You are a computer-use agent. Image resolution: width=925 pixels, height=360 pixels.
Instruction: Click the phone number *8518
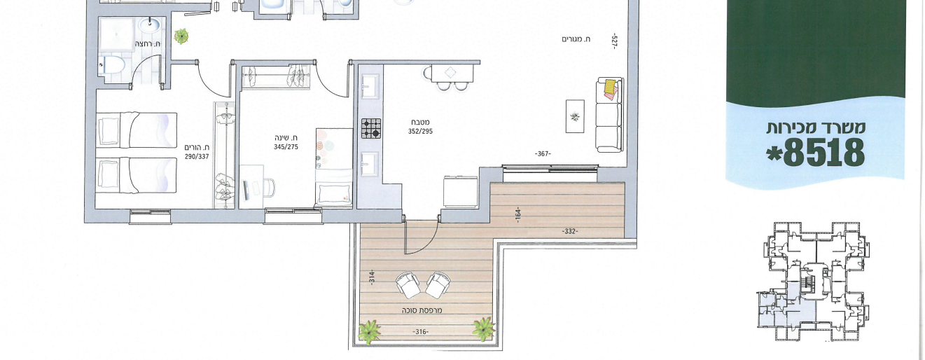(816, 153)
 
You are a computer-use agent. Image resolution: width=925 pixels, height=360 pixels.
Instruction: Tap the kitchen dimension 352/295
(420, 132)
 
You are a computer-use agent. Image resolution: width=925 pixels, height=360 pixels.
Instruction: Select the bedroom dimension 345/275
(286, 147)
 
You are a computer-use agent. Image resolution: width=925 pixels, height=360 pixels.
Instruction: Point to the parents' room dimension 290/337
(197, 157)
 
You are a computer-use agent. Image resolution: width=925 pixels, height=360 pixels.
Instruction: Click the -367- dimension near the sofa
(543, 154)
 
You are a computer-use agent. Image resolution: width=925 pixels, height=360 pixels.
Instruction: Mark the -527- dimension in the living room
(614, 41)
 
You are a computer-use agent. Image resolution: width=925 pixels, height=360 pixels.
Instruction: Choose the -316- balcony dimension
(421, 332)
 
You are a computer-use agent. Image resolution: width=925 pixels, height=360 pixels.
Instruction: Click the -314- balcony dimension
(372, 277)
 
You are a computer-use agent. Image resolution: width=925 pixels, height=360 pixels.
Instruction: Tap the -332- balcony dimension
(570, 232)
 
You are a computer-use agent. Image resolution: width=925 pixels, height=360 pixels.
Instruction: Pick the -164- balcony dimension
(518, 215)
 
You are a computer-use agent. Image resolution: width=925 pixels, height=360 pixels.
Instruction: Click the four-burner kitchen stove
(371, 128)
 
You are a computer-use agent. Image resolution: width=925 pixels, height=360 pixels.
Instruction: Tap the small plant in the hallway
(181, 36)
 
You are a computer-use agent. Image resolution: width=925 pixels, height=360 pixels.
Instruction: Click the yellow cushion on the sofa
(610, 87)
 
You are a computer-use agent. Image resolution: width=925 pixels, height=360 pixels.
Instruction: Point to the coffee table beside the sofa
(575, 116)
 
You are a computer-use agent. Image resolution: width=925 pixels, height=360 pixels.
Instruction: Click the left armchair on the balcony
(408, 285)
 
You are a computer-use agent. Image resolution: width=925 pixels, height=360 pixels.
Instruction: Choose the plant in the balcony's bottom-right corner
(484, 329)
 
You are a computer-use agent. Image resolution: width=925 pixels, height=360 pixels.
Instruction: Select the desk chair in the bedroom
(269, 188)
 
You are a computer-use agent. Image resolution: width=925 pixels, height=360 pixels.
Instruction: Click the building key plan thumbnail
(814, 283)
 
